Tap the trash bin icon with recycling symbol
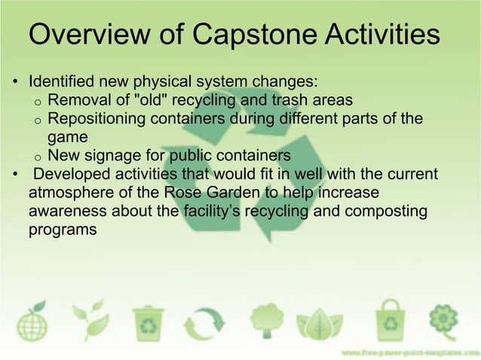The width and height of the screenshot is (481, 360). click(x=147, y=322)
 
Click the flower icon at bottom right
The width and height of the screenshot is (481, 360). click(x=446, y=319)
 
